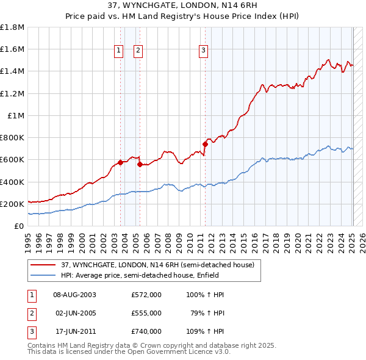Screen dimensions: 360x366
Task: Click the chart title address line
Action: pyautogui.click(x=182, y=5)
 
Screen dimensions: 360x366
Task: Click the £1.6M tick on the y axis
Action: pyautogui.click(x=12, y=49)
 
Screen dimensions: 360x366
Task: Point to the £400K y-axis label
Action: pyautogui.click(x=12, y=182)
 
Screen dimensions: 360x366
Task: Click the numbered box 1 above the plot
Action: pyautogui.click(x=118, y=51)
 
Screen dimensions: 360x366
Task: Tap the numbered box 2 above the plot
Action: pyautogui.click(x=138, y=51)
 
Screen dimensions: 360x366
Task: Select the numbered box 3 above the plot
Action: pyautogui.click(x=203, y=51)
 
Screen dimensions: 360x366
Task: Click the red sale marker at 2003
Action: pyautogui.click(x=121, y=162)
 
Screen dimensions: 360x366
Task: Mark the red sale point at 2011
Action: pyautogui.click(x=205, y=144)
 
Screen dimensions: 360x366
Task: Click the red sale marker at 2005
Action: pyautogui.click(x=140, y=164)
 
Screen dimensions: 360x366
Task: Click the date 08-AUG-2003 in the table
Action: pyautogui.click(x=75, y=295)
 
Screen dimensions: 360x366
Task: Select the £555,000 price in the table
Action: pyautogui.click(x=146, y=313)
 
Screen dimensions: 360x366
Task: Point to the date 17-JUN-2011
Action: pyautogui.click(x=75, y=332)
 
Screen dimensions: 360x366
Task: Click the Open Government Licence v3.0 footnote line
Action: pyautogui.click(x=129, y=352)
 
